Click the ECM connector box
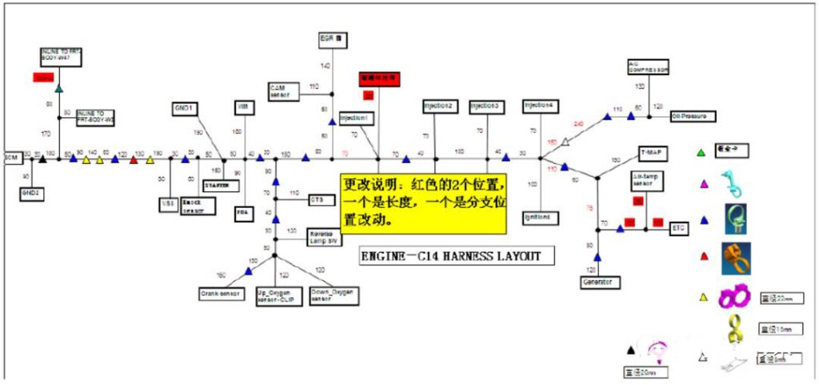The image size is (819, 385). coord(11,156)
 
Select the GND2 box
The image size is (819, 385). coord(30,192)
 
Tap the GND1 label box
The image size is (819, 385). coord(186,108)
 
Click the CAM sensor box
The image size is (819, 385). coord(282,91)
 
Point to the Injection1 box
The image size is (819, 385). coord(355,118)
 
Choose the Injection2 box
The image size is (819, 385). coord(440,106)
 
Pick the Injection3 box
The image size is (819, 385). coord(486,106)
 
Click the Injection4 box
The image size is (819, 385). coord(540,106)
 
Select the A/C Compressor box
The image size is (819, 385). coord(648,67)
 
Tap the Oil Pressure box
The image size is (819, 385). coord(693,116)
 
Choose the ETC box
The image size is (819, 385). coord(680,228)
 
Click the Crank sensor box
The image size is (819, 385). coord(220,295)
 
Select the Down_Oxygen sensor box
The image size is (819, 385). coord(330,296)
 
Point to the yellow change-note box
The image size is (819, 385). coord(424,203)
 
